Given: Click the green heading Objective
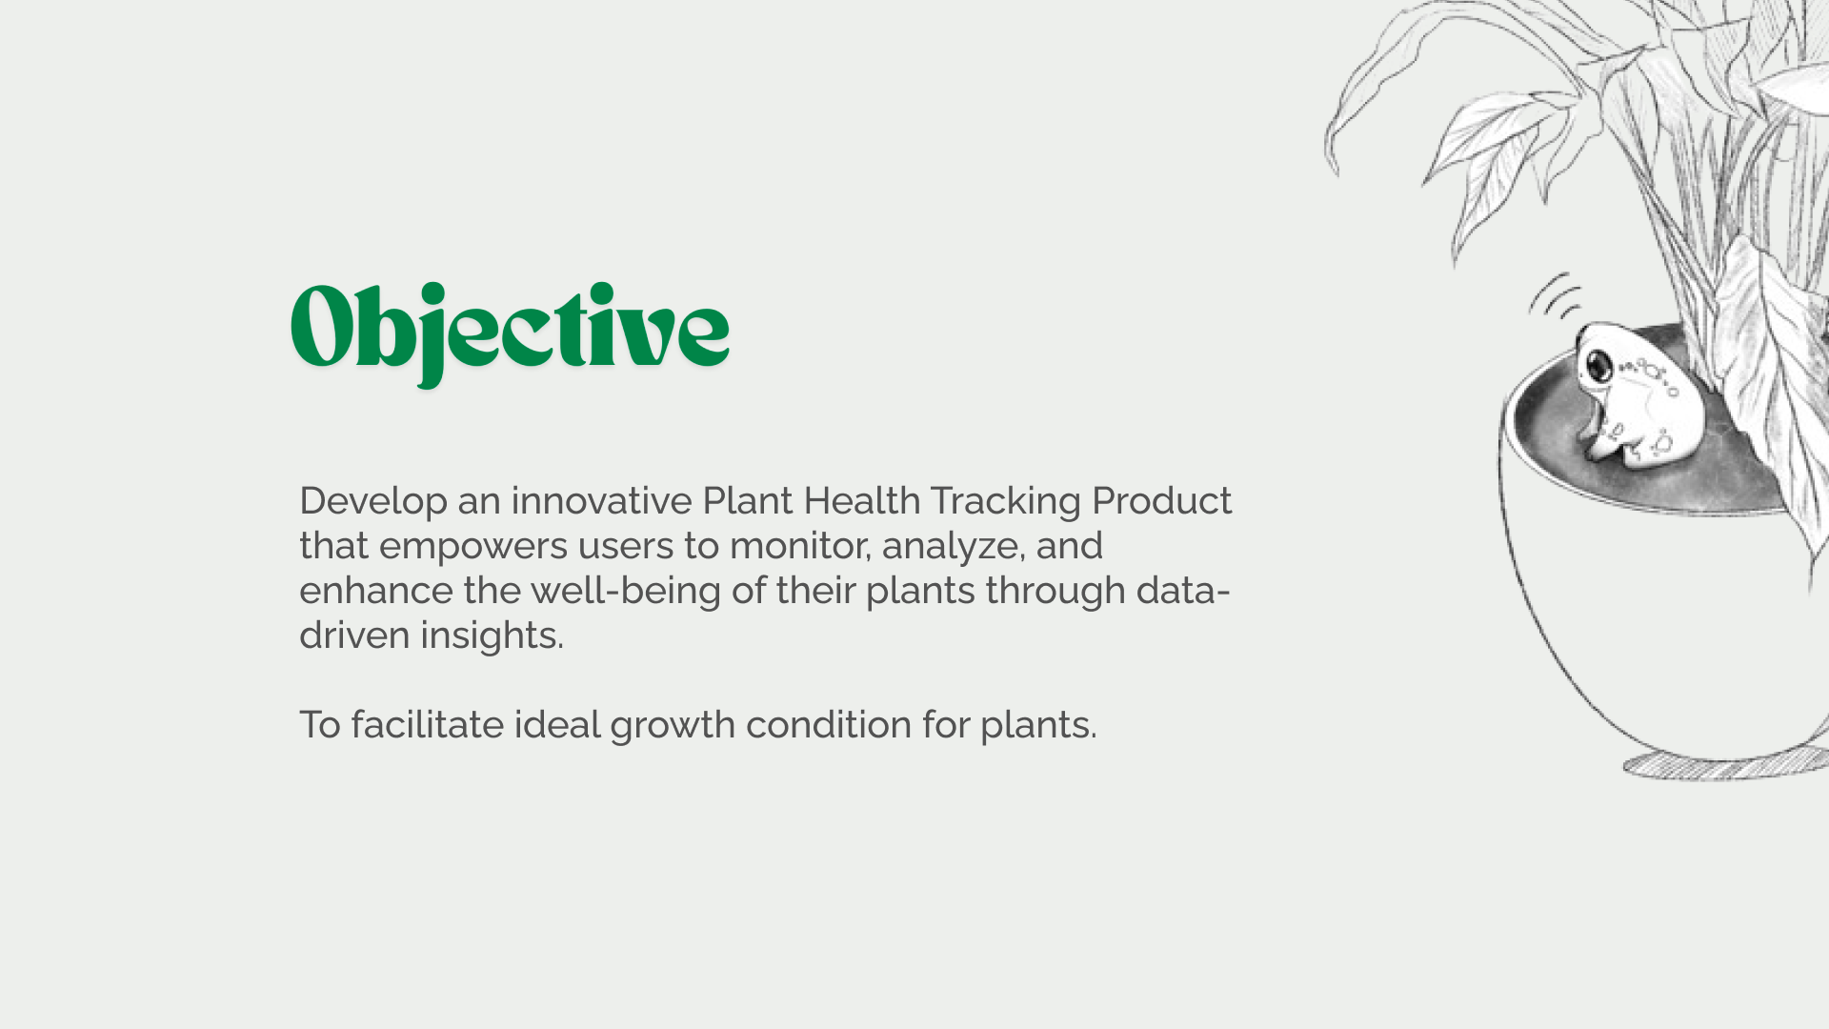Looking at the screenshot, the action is [511, 333].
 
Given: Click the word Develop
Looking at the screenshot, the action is [373, 501].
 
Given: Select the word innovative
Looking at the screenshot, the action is [602, 500].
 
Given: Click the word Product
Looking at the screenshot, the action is [1162, 500].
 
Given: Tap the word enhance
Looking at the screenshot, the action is [376, 591].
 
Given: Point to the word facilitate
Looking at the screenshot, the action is [428, 725].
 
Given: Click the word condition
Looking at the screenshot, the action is [829, 725].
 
